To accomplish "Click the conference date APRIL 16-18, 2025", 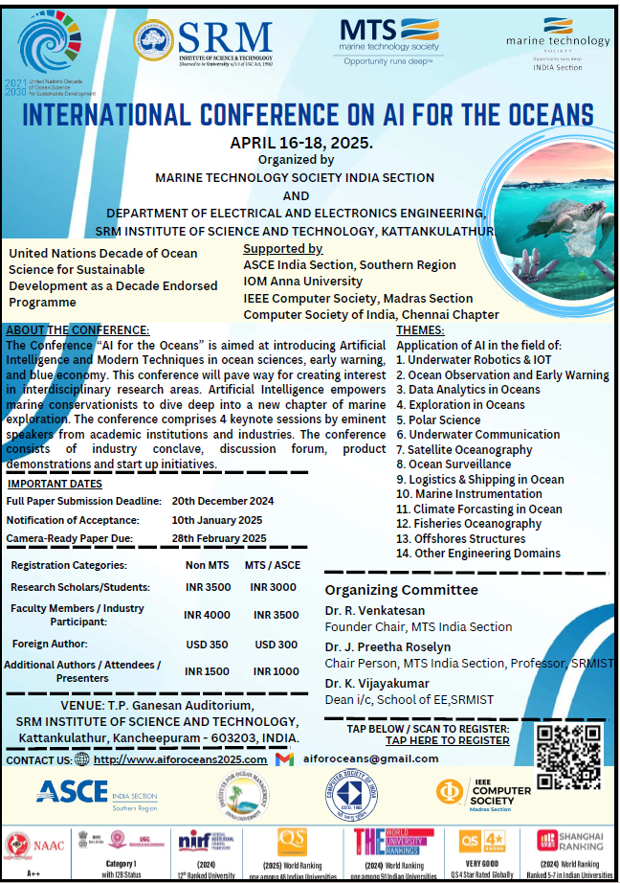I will pos(301,143).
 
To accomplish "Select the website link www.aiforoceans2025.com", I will pos(181,758).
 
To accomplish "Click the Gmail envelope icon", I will pos(284,759).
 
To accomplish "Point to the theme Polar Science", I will pos(437,419).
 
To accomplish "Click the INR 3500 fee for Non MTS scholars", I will pos(208,587).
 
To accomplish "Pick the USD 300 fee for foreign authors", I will pos(275,645).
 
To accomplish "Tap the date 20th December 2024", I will pos(223,501).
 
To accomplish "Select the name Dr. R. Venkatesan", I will pos(375,610).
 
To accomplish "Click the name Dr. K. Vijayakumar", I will pos(375,683).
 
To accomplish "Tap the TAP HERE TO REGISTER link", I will pos(447,740).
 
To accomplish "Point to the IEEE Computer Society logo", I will pos(484,794).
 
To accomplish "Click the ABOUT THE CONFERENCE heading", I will pos(77,330).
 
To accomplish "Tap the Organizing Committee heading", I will pos(401,589).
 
